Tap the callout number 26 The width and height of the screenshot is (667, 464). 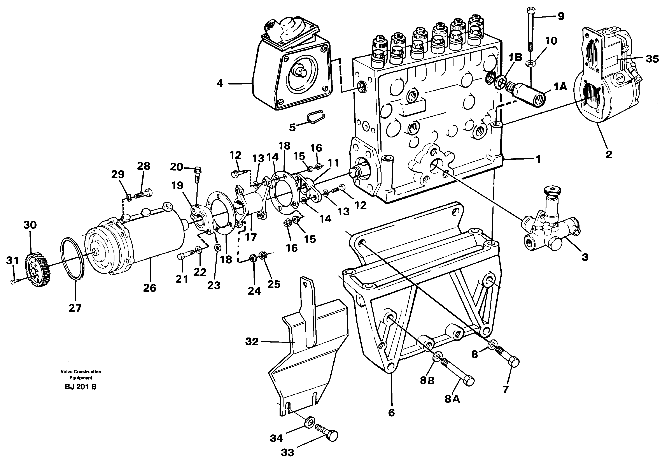(150, 288)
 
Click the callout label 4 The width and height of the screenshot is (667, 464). (220, 83)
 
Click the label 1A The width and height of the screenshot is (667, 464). (560, 86)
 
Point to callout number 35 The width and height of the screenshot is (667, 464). (652, 59)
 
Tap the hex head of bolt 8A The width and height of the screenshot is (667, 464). (469, 381)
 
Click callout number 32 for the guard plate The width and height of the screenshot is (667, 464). (252, 342)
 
